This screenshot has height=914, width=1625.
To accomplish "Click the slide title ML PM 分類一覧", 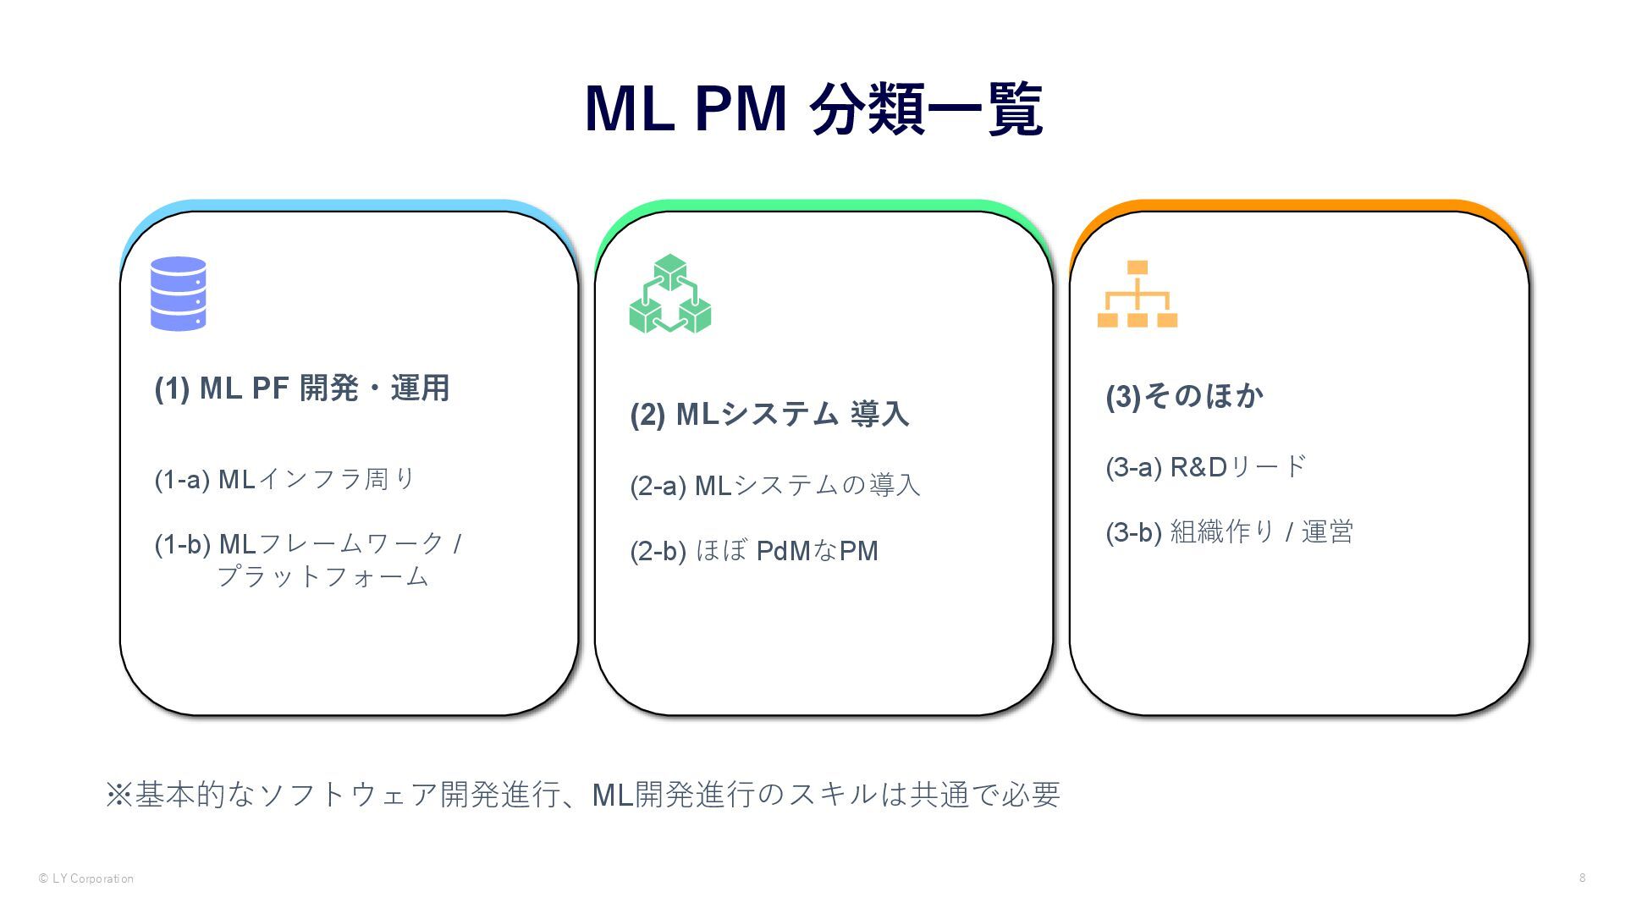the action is (812, 108).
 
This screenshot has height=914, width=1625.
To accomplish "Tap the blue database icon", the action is (178, 293).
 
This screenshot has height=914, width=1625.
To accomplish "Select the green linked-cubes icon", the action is (670, 294).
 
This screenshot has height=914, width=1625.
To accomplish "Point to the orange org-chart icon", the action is (1137, 294).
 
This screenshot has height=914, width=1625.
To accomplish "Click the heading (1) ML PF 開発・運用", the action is (302, 388).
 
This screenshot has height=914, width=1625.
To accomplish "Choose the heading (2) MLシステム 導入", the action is (769, 415).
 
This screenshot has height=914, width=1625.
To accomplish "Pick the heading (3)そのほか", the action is (1184, 396).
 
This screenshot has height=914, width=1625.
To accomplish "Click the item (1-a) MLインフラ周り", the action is (285, 480).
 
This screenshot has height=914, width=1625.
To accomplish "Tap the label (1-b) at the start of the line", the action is (182, 544).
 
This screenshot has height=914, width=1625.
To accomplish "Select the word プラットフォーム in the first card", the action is (323, 577).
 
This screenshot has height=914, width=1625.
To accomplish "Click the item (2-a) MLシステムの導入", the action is (774, 486).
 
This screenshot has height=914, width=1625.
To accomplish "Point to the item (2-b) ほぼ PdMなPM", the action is (753, 551).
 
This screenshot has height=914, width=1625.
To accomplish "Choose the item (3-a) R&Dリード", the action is (1206, 467).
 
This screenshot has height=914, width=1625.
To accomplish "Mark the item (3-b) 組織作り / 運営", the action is (1229, 532).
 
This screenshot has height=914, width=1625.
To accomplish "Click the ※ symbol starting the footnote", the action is (118, 795).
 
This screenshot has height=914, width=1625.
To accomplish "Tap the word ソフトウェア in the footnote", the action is (347, 795).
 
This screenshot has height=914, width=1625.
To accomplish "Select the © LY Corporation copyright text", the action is (86, 878).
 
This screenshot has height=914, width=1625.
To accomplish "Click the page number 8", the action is (1582, 878).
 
